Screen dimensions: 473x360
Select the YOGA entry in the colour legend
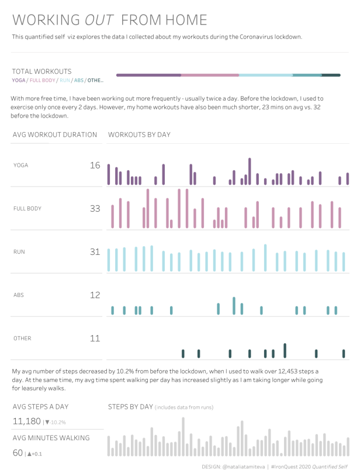pyautogui.click(x=18, y=80)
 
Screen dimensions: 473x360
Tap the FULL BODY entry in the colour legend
pyautogui.click(x=42, y=80)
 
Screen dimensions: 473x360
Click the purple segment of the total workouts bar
pyautogui.click(x=148, y=75)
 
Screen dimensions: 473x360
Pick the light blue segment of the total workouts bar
pyautogui.click(x=266, y=75)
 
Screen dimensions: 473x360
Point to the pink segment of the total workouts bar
pyautogui.click(x=210, y=75)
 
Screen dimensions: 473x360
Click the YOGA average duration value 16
pyautogui.click(x=95, y=165)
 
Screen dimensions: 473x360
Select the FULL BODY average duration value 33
pyautogui.click(x=95, y=208)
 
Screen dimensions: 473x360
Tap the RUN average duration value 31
pyautogui.click(x=95, y=252)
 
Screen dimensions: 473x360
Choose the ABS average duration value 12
pyautogui.click(x=95, y=295)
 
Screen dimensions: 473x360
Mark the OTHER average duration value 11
pyautogui.click(x=95, y=339)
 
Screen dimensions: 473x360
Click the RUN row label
pyautogui.click(x=19, y=252)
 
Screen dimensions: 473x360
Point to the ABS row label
pyautogui.click(x=18, y=295)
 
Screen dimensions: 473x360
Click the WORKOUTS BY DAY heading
pyautogui.click(x=139, y=134)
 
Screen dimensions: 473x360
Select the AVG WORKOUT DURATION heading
pyautogui.click(x=55, y=134)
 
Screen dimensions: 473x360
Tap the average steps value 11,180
pyautogui.click(x=27, y=422)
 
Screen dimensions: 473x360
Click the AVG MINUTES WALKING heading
pyautogui.click(x=51, y=438)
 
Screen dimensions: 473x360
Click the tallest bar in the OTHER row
pyautogui.click(x=285, y=350)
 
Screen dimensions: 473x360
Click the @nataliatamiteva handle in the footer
pyautogui.click(x=243, y=467)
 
